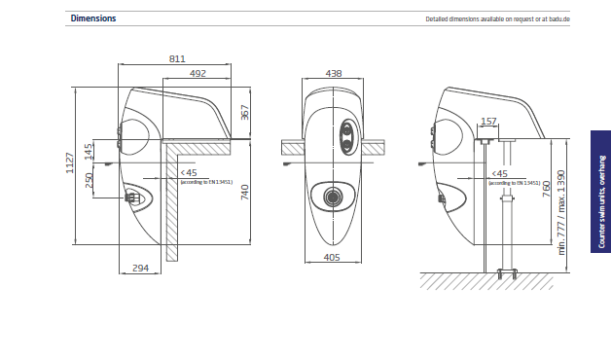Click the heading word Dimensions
(x=93, y=18)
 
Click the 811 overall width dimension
(x=176, y=59)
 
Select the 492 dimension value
(x=198, y=73)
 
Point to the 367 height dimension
(x=245, y=113)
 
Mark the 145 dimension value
(x=89, y=150)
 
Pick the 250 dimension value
(x=89, y=181)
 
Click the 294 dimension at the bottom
(x=140, y=267)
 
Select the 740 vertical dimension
(x=245, y=191)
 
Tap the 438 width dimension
(x=334, y=73)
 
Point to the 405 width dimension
(x=333, y=258)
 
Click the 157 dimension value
(x=488, y=122)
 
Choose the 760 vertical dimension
(x=546, y=187)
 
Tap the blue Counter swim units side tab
(x=600, y=193)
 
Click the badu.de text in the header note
(x=557, y=19)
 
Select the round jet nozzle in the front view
(x=334, y=195)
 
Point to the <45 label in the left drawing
(x=188, y=172)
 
